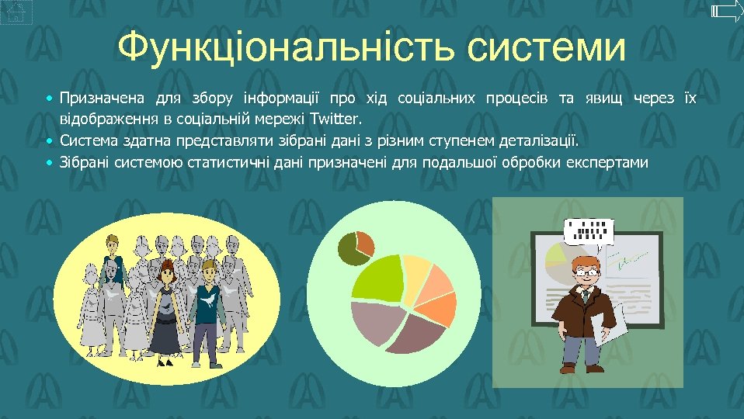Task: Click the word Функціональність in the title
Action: pos(287,48)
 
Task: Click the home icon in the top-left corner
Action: pos(16,12)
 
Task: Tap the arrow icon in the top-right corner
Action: pos(727,11)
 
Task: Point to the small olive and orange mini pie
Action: pos(356,247)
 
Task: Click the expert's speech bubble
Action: pos(588,230)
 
